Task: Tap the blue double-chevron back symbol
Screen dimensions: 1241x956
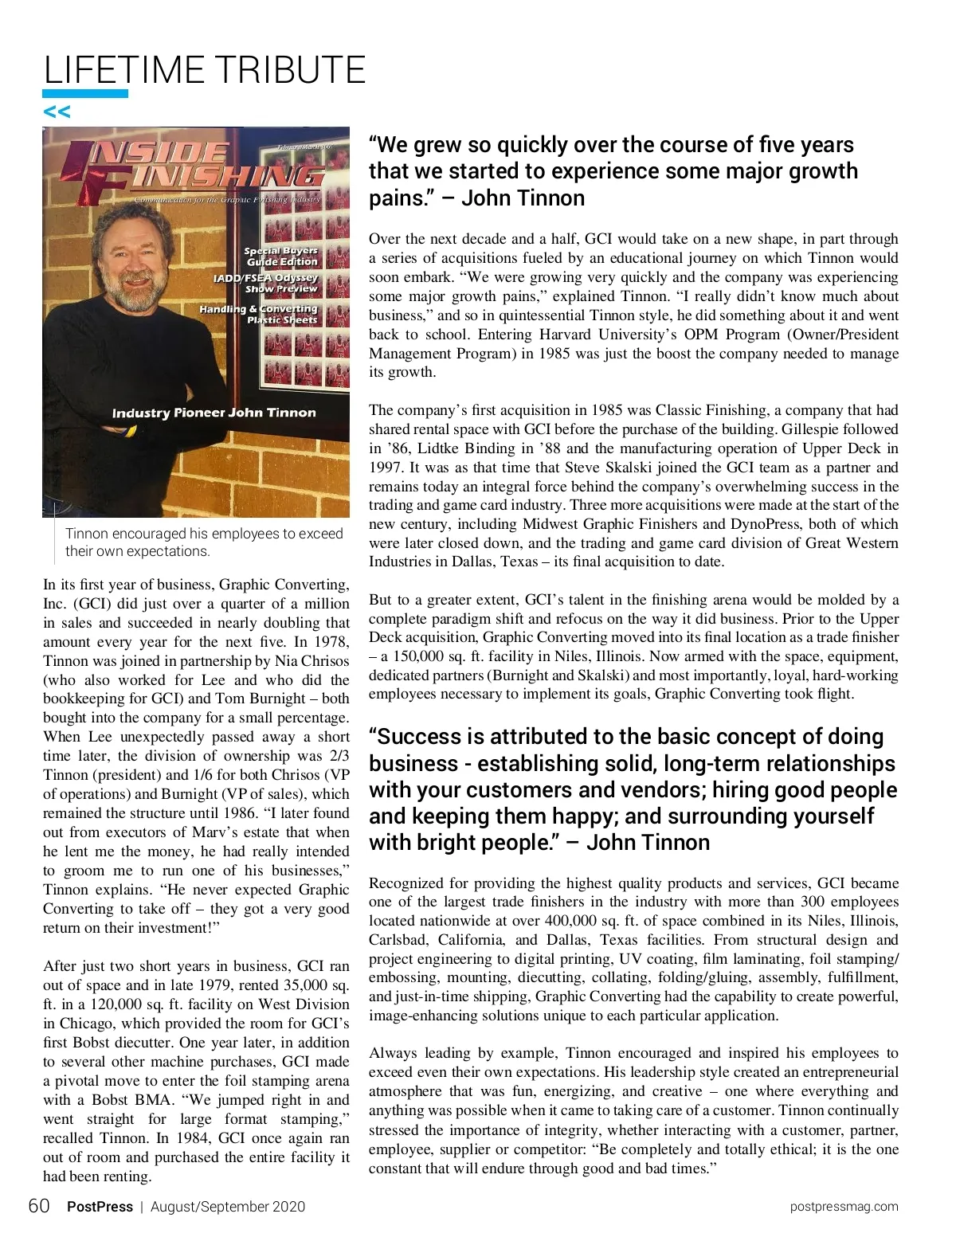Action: [57, 112]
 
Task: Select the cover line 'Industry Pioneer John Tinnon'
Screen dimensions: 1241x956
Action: [214, 413]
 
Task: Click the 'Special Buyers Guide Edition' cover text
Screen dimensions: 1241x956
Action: [281, 256]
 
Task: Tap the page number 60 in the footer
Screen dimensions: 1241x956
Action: [39, 1206]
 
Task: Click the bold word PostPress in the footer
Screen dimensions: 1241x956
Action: [100, 1207]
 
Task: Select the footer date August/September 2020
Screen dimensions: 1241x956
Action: [228, 1207]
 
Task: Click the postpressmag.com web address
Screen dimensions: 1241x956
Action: [844, 1207]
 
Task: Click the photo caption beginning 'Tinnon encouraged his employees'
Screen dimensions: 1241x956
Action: [204, 542]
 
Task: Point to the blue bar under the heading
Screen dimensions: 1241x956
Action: [86, 94]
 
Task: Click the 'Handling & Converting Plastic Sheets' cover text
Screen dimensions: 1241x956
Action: [260, 314]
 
